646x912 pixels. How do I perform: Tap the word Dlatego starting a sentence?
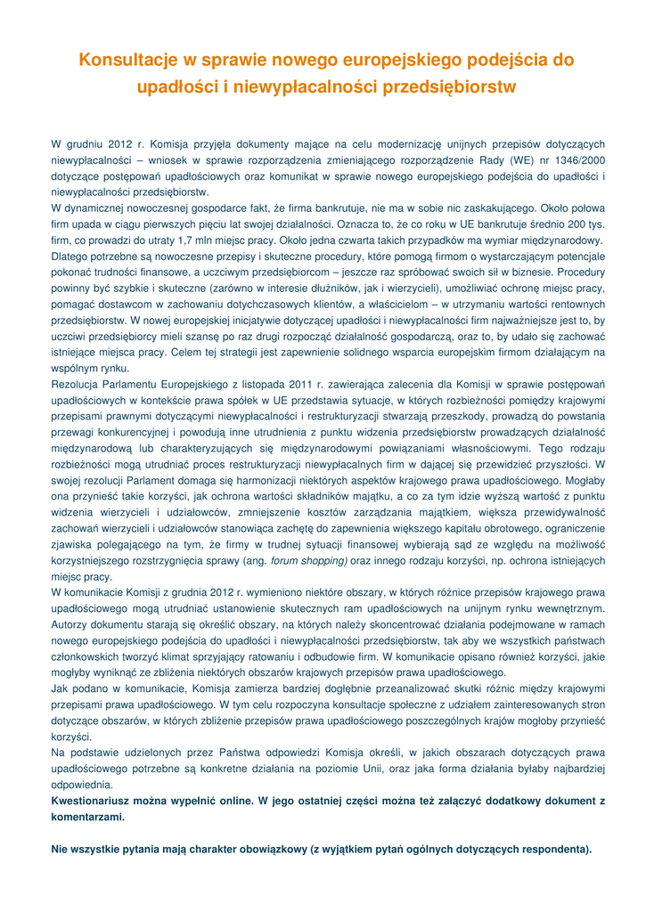pos(70,256)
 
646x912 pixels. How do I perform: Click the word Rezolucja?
pos(78,385)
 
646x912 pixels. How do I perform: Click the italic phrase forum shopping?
pos(308,561)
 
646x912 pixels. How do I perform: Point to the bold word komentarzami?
pos(88,817)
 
